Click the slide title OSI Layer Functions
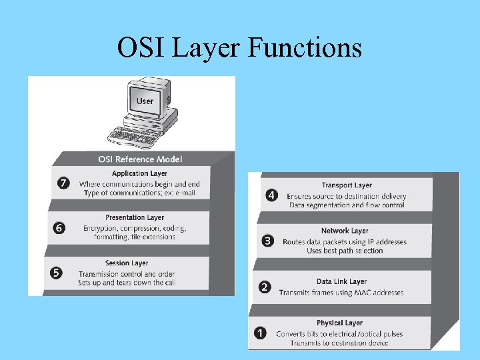pyautogui.click(x=239, y=48)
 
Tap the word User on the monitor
pyautogui.click(x=145, y=101)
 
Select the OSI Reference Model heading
pyautogui.click(x=140, y=159)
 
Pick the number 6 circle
pyautogui.click(x=60, y=228)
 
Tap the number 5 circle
pyautogui.click(x=57, y=273)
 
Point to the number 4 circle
pyautogui.click(x=271, y=195)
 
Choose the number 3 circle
pyautogui.click(x=268, y=241)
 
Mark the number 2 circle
pyautogui.click(x=265, y=287)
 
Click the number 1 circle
pyautogui.click(x=261, y=332)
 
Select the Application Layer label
pyautogui.click(x=139, y=174)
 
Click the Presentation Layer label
pyautogui.click(x=135, y=217)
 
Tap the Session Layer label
pyautogui.click(x=127, y=263)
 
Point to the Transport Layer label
pyautogui.click(x=347, y=185)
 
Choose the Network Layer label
pyautogui.click(x=345, y=231)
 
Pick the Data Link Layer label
pyautogui.click(x=341, y=281)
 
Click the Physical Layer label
pyautogui.click(x=339, y=323)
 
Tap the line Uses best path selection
pyautogui.click(x=345, y=251)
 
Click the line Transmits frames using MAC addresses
pyautogui.click(x=341, y=293)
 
